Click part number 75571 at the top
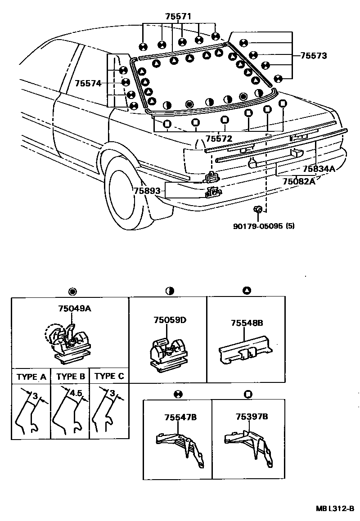click(178, 16)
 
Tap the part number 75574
click(88, 83)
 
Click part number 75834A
click(319, 169)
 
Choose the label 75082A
click(299, 181)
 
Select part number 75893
click(147, 190)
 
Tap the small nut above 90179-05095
click(258, 209)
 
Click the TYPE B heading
click(70, 377)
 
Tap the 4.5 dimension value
click(76, 393)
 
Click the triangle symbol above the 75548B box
click(246, 291)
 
